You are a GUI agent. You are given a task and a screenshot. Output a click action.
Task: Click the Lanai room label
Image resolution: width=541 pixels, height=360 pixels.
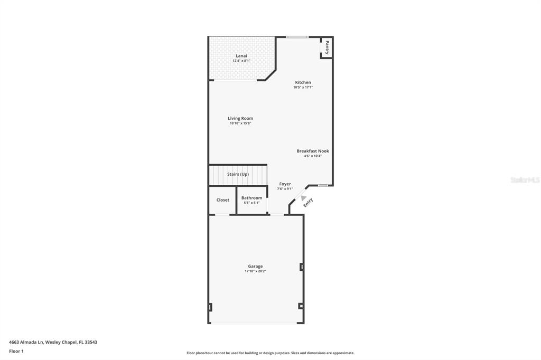pos(241,55)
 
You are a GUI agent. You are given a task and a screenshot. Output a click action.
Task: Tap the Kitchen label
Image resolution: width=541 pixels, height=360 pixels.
pos(303,82)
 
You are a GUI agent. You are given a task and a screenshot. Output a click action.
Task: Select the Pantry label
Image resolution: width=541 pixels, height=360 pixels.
pos(327,48)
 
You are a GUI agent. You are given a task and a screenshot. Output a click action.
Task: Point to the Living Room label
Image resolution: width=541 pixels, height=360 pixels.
pos(240,118)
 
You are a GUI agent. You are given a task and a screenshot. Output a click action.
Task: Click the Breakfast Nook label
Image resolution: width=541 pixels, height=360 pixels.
pos(312,151)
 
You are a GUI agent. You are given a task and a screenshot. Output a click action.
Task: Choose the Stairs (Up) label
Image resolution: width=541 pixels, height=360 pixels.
pos(238,174)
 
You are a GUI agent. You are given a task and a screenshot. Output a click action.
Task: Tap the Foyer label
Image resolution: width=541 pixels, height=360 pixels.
pos(285,184)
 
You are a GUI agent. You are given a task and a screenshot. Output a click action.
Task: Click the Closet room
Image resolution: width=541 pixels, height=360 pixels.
pos(222,200)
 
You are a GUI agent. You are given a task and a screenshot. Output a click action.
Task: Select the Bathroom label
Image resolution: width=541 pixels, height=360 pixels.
pos(251,198)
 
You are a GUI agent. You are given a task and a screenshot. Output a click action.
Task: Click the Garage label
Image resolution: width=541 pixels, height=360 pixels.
pos(255,266)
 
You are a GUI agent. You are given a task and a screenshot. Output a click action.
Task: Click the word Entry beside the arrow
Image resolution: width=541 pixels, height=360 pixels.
pos(308,202)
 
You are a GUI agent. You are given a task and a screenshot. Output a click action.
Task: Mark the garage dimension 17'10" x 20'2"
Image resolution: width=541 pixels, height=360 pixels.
pos(255,271)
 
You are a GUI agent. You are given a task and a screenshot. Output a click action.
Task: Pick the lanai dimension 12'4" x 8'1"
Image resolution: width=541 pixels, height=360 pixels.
pos(241,61)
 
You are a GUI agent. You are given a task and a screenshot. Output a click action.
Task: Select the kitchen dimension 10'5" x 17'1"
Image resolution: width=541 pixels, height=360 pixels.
pos(303,87)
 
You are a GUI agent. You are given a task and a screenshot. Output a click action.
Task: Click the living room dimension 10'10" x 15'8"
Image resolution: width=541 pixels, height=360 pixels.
pos(240,124)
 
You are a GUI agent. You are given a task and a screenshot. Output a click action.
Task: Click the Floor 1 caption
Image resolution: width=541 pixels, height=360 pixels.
pos(16,351)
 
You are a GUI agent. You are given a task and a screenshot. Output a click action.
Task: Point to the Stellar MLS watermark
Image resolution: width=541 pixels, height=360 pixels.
pos(525,180)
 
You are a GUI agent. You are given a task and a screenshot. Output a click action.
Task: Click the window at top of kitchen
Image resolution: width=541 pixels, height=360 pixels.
pos(297,37)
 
